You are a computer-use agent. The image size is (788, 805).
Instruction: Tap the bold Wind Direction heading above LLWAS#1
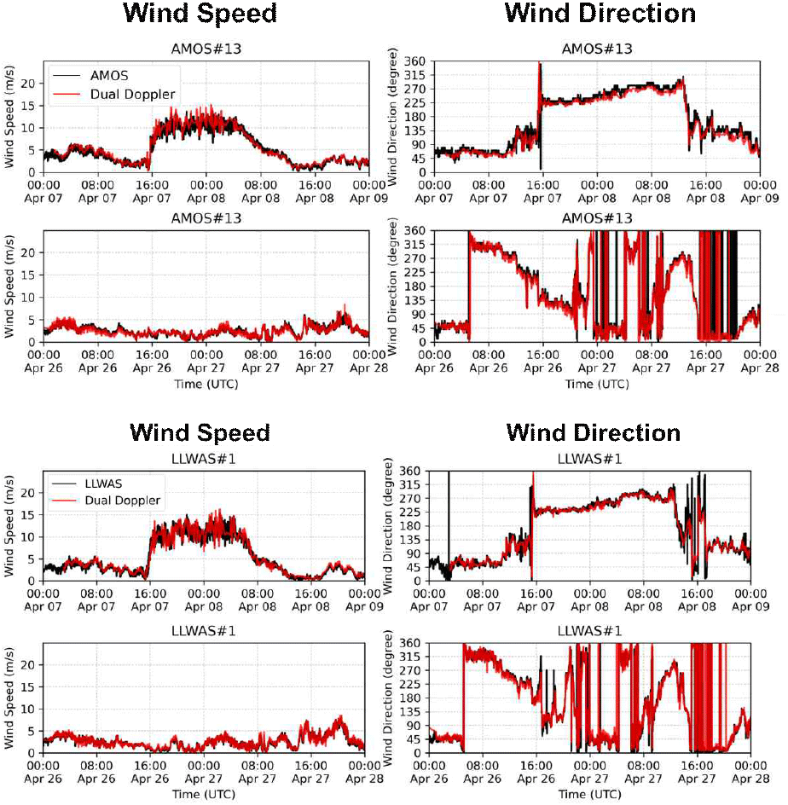pos(593,432)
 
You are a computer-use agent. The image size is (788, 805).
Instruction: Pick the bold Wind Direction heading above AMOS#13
pos(600,14)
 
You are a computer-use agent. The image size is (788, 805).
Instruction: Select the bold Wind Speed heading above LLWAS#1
pos(200,432)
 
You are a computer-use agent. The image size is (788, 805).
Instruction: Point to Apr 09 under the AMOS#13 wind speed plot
pos(368,197)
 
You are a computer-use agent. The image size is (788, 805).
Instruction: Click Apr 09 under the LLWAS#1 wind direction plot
pos(750,606)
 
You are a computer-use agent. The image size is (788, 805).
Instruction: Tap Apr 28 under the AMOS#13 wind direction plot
pos(759,368)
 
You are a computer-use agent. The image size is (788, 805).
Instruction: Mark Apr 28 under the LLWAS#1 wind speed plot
pos(364,778)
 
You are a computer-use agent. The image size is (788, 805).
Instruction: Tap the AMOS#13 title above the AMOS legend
pos(206,49)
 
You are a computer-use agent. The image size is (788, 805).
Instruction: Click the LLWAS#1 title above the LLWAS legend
pos(202,460)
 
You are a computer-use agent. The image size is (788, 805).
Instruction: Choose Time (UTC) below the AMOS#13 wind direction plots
pos(597,384)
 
